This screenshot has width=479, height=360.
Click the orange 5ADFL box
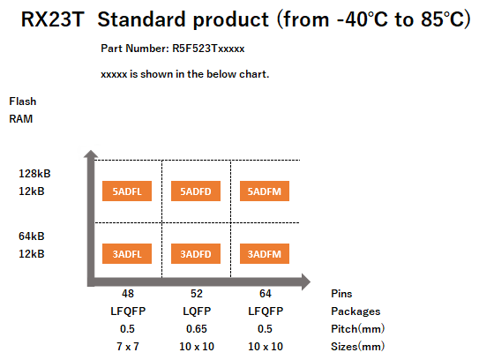click(127, 191)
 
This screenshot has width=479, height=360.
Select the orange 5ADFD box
click(196, 191)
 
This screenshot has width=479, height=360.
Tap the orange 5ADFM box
click(265, 191)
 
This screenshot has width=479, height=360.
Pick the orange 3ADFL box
click(127, 253)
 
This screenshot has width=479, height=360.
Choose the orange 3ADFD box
click(196, 253)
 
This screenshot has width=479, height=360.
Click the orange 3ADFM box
click(265, 253)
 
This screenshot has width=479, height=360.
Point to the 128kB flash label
click(34, 174)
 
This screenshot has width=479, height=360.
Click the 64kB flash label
click(32, 236)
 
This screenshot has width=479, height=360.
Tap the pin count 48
click(128, 294)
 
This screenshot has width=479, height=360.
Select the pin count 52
click(197, 294)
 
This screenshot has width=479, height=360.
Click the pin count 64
click(266, 294)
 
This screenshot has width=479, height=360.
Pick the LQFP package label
click(197, 311)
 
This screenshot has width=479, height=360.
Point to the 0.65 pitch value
click(197, 329)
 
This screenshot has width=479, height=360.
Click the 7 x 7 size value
click(128, 347)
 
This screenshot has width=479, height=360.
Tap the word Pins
click(341, 294)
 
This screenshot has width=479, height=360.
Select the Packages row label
click(356, 311)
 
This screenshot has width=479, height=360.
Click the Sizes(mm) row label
click(358, 347)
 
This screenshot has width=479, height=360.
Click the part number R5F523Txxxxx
click(208, 49)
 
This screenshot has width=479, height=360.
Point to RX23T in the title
click(53, 19)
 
